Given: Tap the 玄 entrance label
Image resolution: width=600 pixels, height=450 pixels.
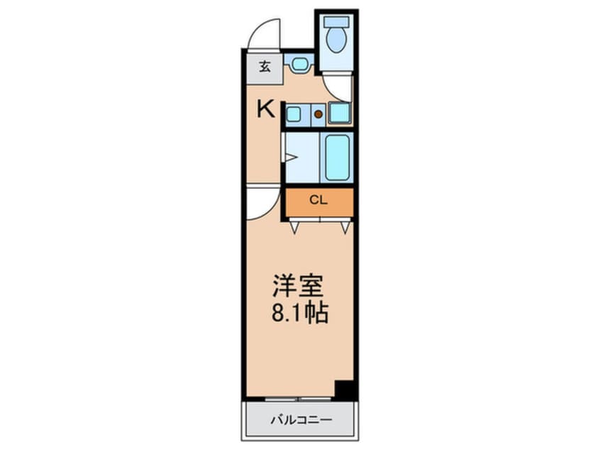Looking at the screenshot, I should coord(264,67).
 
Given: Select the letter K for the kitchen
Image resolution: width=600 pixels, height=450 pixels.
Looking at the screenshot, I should coord(265,109).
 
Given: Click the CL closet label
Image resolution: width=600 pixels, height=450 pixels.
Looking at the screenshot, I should coord(319,201).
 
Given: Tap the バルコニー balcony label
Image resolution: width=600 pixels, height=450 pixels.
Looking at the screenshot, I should coord(300,420).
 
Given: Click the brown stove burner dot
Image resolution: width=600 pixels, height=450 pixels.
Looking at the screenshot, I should coord(318,114).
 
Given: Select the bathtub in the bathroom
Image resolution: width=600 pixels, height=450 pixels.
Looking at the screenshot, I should coord(337,158).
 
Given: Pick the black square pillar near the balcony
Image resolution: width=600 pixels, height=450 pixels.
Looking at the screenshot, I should coord(344,390).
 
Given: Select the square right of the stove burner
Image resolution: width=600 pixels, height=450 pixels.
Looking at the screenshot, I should coord(338,113).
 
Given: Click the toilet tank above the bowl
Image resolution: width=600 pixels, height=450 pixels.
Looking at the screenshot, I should coord(333,21).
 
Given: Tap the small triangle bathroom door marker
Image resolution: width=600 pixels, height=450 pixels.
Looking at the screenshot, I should coord(290,158).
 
